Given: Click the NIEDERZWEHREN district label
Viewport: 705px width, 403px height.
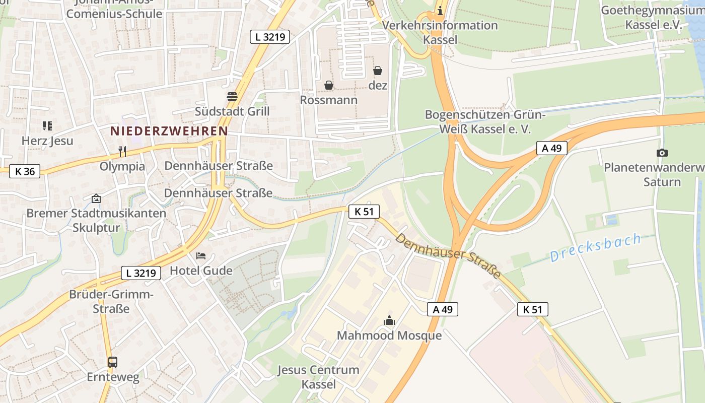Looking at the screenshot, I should click(x=169, y=131).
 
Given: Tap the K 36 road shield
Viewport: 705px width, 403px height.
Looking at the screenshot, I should click(x=25, y=171).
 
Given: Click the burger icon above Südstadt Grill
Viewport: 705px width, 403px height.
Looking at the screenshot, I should click(x=232, y=96).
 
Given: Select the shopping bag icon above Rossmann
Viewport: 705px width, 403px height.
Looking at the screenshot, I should click(x=329, y=85).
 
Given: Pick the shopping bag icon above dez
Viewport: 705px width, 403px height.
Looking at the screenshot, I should click(x=378, y=71).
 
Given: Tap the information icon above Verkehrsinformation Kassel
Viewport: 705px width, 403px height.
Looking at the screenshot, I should click(x=440, y=10).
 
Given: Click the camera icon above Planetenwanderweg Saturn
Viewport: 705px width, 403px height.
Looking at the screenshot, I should click(x=662, y=153).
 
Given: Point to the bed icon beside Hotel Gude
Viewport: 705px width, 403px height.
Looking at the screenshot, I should click(x=201, y=256).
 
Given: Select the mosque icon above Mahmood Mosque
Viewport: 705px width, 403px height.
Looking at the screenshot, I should click(x=389, y=320).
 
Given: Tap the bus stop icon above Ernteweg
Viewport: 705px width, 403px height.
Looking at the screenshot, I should click(x=113, y=362).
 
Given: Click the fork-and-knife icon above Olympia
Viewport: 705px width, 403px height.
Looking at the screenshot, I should click(x=122, y=151).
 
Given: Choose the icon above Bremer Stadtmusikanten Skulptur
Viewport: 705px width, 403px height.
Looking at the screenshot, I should click(x=96, y=198).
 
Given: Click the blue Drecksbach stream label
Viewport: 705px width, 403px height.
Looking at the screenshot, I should click(x=595, y=247).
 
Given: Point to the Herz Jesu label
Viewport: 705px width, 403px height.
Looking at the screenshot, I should click(x=47, y=141).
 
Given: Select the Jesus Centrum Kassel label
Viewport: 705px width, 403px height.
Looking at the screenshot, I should click(x=318, y=377).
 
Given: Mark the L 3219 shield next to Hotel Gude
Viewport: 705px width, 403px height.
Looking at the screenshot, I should click(x=141, y=273).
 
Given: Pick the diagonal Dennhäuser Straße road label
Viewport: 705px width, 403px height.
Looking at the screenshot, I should click(x=448, y=255).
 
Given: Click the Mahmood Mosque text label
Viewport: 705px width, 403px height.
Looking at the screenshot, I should click(x=389, y=335).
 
